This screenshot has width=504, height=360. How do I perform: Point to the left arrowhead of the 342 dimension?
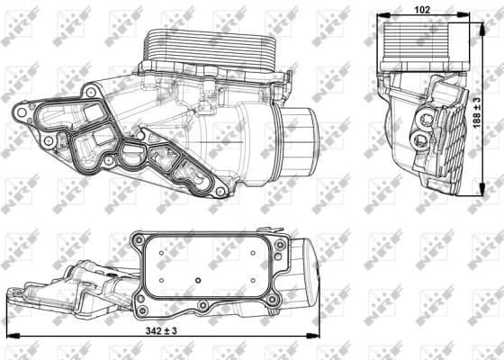click(x=9, y=336)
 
